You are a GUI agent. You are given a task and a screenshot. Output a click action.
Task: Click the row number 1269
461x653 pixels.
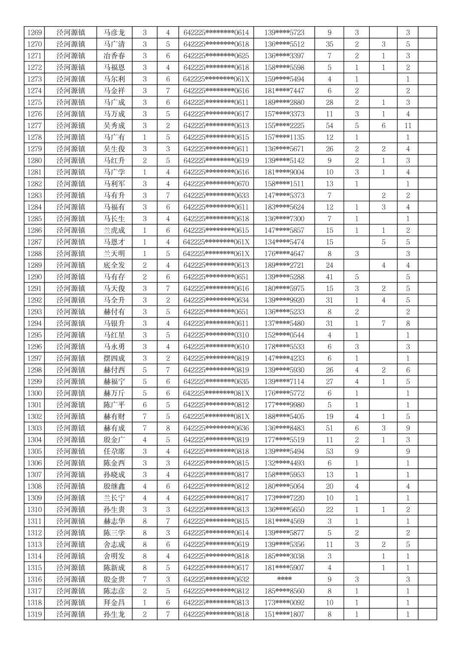(x=34, y=33)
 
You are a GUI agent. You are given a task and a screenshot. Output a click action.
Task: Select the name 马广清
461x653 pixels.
(x=114, y=44)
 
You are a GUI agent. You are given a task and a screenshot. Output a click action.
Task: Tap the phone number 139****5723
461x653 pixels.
(x=284, y=33)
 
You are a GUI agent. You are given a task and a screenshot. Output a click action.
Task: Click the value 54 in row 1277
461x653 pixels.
(x=329, y=126)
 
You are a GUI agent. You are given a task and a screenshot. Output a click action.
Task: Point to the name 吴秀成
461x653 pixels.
(x=114, y=126)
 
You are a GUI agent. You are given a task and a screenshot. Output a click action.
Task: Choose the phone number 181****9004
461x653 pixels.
(x=284, y=172)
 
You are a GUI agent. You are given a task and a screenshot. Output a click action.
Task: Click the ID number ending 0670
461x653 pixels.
(x=216, y=184)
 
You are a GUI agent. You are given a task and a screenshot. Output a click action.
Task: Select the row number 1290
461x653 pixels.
(x=34, y=277)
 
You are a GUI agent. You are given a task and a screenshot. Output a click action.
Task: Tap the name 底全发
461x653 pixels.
(x=114, y=265)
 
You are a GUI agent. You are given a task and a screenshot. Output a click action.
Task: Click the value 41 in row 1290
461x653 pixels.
(x=329, y=277)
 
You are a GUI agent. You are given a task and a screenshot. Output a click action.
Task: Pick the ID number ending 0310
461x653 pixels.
(x=216, y=335)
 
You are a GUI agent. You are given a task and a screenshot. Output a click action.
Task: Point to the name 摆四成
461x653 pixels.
(x=114, y=358)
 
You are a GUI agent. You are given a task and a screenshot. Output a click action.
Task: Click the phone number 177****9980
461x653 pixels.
(x=284, y=405)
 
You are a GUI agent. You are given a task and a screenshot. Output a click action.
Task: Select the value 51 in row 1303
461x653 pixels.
(x=329, y=428)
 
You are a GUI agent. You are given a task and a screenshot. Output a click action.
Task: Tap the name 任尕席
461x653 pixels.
(x=114, y=452)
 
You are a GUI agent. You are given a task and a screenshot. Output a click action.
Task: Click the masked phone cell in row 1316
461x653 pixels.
(x=284, y=579)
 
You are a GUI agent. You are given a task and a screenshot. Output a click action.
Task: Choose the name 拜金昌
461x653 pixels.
(x=114, y=603)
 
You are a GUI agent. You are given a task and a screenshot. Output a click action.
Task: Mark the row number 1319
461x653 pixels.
(x=34, y=614)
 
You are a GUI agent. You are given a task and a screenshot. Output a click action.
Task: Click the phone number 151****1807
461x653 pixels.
(x=284, y=614)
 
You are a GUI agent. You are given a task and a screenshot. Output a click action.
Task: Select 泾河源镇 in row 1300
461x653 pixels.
(x=71, y=393)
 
